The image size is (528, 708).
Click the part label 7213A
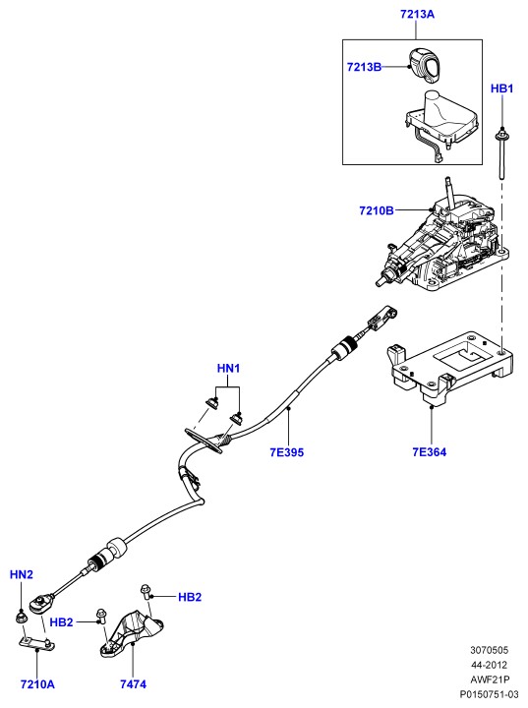tap(417, 14)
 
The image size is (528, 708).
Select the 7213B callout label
tap(364, 67)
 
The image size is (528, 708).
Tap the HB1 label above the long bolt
tap(501, 88)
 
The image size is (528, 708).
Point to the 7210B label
tap(377, 210)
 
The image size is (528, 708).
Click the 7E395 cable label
tap(287, 452)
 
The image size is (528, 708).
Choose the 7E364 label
tap(429, 451)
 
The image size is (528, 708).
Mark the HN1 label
tap(228, 368)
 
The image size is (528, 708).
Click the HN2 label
tap(22, 574)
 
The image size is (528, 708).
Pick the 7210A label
tap(37, 684)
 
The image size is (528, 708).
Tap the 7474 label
tap(134, 684)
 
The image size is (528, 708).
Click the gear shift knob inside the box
tap(425, 65)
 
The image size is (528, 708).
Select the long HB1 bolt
tap(501, 154)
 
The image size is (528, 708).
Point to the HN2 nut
tap(21, 618)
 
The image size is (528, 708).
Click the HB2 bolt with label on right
tap(146, 592)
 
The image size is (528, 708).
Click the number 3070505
tap(489, 650)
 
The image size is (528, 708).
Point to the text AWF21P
tap(489, 679)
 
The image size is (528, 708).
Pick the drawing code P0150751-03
tap(489, 694)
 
